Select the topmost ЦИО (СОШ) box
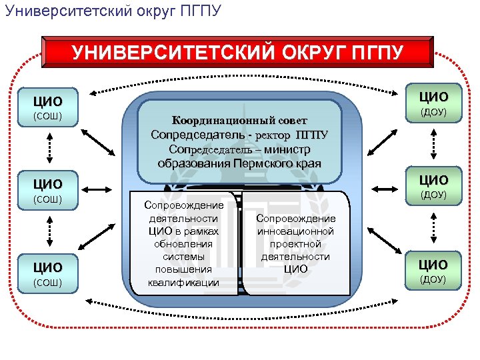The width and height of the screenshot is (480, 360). click(x=48, y=109)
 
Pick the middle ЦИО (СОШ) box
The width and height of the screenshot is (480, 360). click(x=48, y=190)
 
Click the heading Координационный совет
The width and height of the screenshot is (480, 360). click(x=239, y=121)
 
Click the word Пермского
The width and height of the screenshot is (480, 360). click(x=261, y=163)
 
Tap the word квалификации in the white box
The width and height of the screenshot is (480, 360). click(x=183, y=282)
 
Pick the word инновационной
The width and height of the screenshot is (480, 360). click(x=295, y=231)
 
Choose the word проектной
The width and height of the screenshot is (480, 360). click(x=295, y=244)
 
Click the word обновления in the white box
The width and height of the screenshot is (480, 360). click(x=183, y=243)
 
